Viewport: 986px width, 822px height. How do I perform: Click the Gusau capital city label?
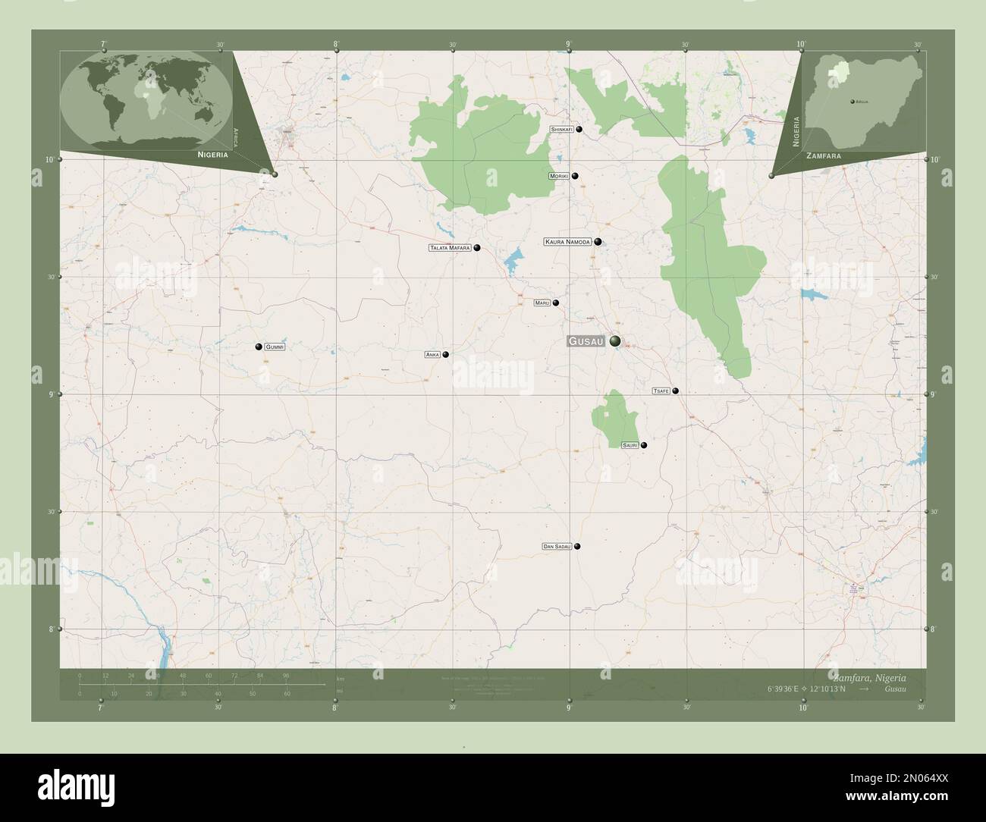[587, 342]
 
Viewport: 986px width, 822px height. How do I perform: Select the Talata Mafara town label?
[451, 248]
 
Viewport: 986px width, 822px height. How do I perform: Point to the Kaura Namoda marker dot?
[598, 242]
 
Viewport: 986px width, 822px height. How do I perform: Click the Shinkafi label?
[561, 130]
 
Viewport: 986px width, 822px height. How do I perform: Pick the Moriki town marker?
[576, 176]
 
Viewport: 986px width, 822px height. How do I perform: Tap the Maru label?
[542, 303]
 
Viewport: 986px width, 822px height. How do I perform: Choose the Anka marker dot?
[446, 354]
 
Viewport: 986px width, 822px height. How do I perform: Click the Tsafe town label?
[661, 391]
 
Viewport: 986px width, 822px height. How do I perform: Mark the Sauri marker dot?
[644, 445]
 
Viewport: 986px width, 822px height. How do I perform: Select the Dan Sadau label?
[557, 546]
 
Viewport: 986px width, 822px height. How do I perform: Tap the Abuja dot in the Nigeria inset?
[852, 101]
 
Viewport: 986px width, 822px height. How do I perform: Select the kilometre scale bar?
[183, 684]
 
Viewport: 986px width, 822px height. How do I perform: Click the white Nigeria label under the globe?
[213, 154]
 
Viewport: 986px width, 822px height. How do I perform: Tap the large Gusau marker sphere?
[614, 341]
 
